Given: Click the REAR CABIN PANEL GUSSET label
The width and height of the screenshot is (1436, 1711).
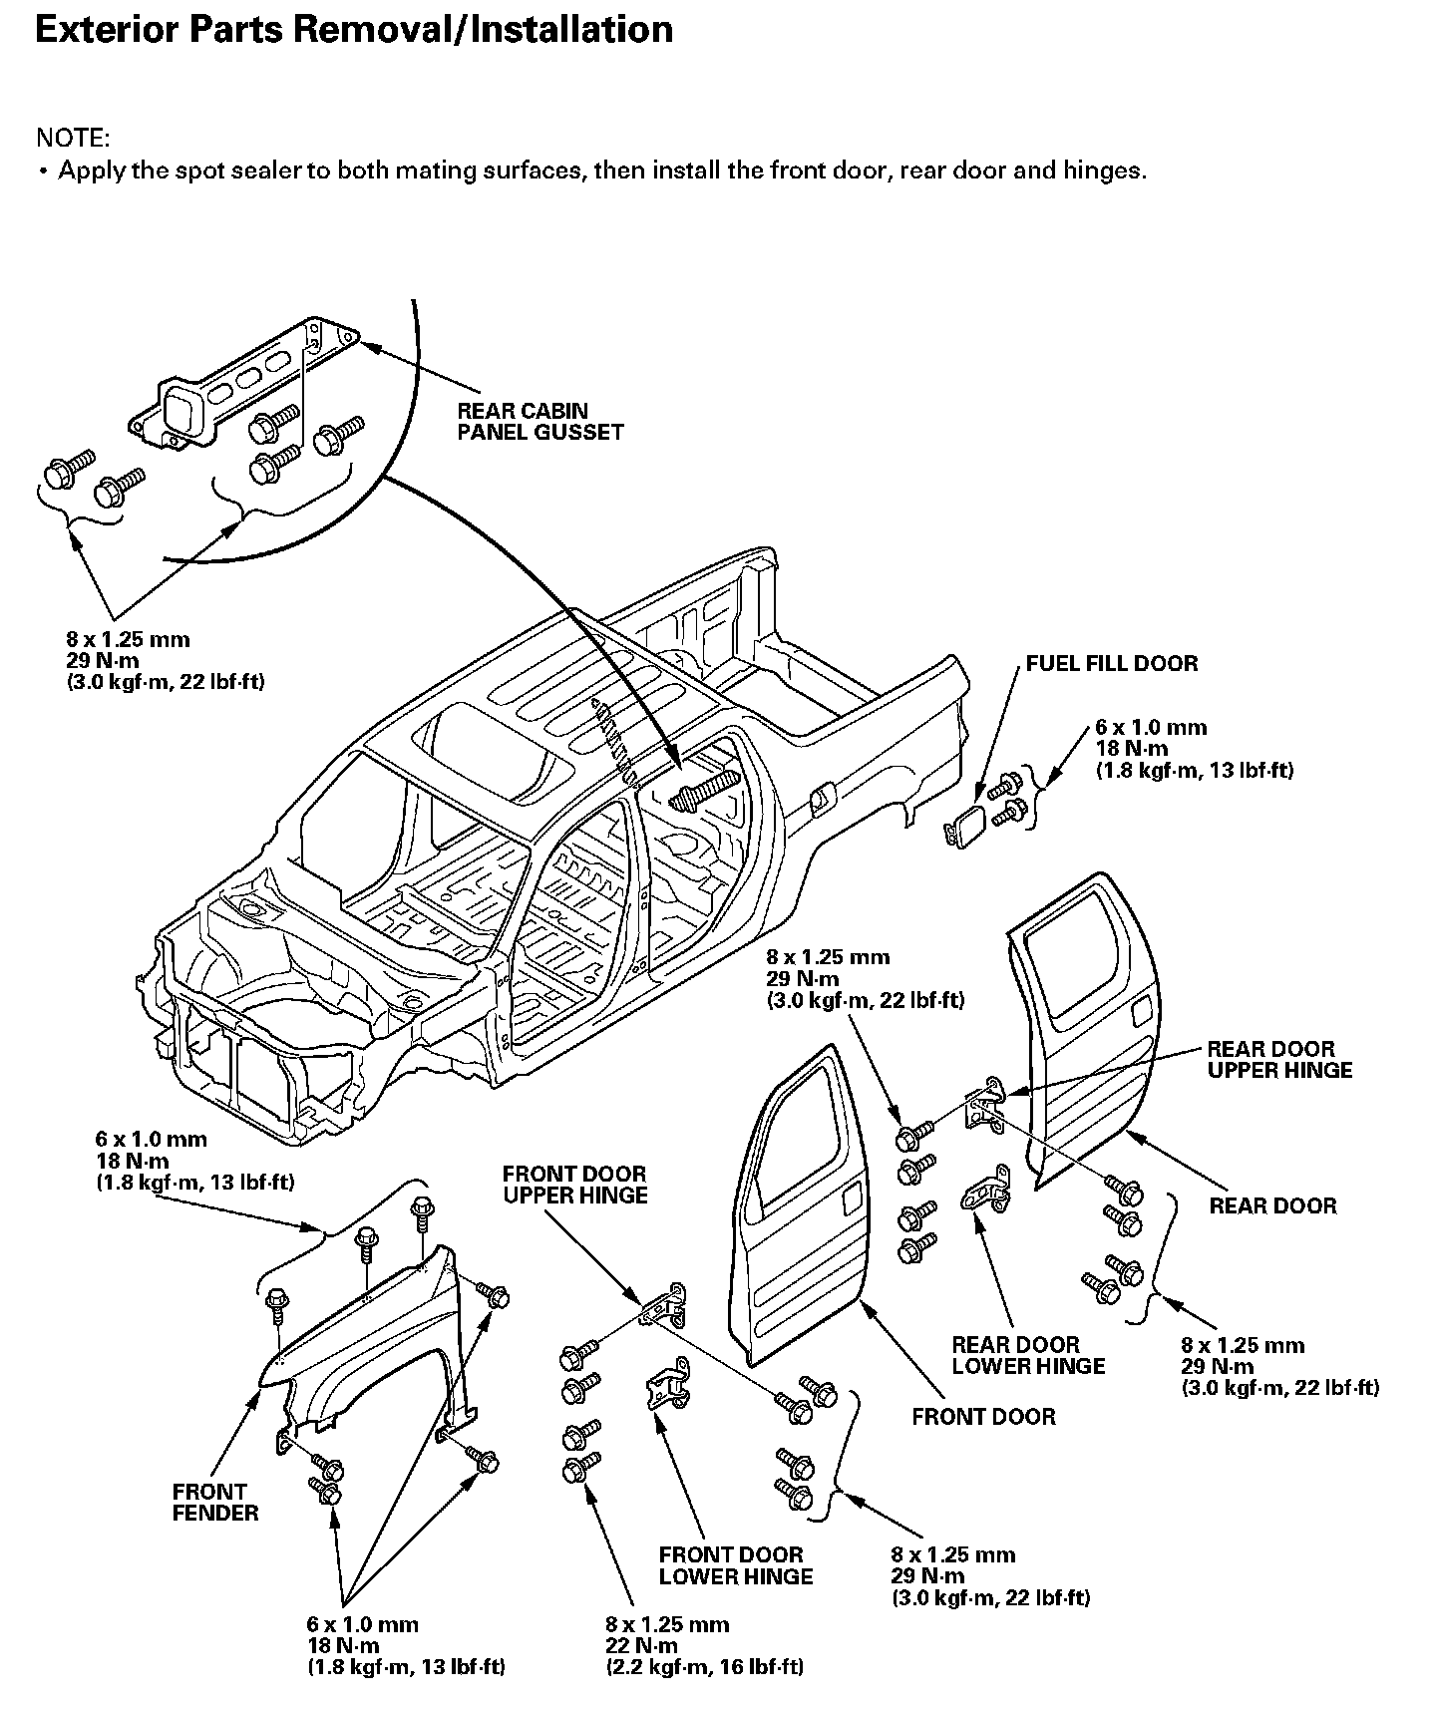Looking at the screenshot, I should [x=539, y=421].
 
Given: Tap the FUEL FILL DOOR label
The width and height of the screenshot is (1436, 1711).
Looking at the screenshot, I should [x=1112, y=664].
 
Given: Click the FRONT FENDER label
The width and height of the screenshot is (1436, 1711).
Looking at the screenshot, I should [x=214, y=1502].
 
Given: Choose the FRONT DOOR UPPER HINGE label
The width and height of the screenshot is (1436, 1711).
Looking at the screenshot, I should [x=574, y=1185].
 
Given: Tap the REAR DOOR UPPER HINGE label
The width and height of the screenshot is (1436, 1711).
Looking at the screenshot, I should [x=1279, y=1059].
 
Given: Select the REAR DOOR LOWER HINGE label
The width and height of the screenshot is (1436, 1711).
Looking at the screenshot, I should [x=1028, y=1355].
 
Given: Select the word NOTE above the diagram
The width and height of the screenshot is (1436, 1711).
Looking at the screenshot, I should [x=73, y=138].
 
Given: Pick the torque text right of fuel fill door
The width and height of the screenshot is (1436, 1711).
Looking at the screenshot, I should [x=1194, y=749].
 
